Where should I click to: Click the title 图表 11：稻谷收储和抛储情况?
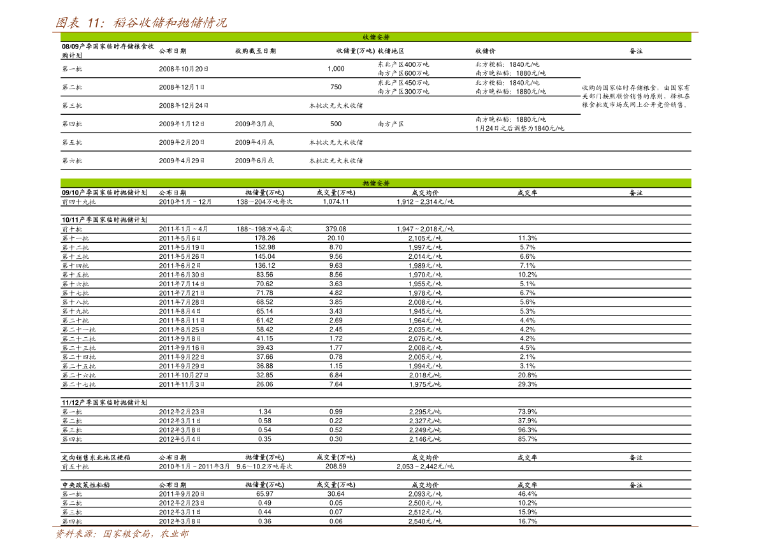tap(140, 22)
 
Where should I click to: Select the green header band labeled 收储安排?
tap(375, 37)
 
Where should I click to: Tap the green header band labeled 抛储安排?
tap(375, 183)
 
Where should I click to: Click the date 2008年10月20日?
tap(184, 69)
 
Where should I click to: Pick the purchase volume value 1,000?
tap(336, 69)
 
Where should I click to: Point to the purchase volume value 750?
tap(336, 87)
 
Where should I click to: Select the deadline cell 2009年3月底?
tap(255, 124)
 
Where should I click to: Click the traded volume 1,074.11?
tap(336, 201)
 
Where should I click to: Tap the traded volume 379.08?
tap(336, 229)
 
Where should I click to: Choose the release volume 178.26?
tap(264, 238)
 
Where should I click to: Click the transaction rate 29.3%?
tap(528, 384)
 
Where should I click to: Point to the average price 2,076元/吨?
tap(425, 339)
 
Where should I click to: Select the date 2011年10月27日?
tap(184, 375)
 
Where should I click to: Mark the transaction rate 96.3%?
tap(528, 430)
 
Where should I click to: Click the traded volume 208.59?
tap(336, 467)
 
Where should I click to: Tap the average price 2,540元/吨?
tap(425, 521)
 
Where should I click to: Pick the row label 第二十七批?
tap(79, 384)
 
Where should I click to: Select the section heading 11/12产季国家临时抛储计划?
tap(105, 402)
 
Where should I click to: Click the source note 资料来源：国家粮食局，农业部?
tap(122, 534)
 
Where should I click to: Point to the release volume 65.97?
tap(264, 494)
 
